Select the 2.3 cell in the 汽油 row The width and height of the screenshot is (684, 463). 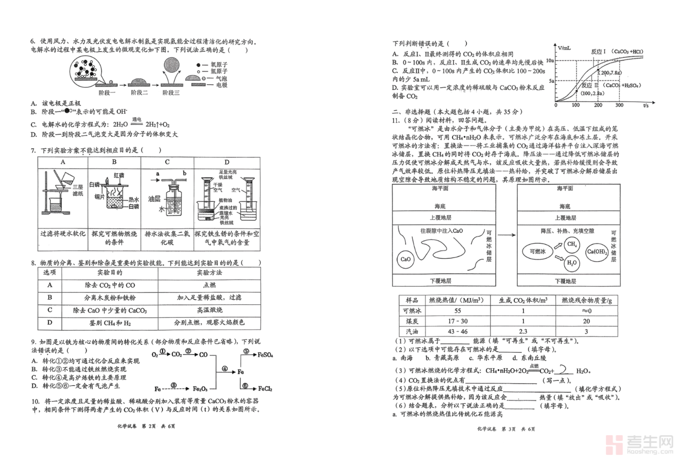(x=523, y=331)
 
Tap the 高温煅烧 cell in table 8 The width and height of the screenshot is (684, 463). (x=209, y=310)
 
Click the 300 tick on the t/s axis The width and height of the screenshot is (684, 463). (x=619, y=105)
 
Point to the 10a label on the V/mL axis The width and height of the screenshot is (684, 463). (x=550, y=61)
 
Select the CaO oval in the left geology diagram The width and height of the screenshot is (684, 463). (x=405, y=259)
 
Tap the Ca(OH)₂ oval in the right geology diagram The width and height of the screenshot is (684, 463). (x=597, y=252)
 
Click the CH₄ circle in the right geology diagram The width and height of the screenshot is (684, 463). (x=572, y=245)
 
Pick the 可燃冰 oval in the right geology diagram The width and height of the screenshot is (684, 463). (x=537, y=252)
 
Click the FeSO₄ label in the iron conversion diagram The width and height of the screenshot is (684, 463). (x=265, y=355)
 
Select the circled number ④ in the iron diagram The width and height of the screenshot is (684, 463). (x=224, y=369)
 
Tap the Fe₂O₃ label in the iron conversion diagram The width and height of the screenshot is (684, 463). (x=200, y=389)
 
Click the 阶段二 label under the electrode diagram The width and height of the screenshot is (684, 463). (x=139, y=93)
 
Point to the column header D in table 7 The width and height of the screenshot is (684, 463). (x=227, y=162)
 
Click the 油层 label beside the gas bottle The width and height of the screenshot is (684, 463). (x=154, y=199)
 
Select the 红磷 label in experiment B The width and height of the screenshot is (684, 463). (x=119, y=175)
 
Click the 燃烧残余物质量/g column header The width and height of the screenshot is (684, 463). (x=587, y=301)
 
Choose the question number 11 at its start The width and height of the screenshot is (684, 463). (x=396, y=121)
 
